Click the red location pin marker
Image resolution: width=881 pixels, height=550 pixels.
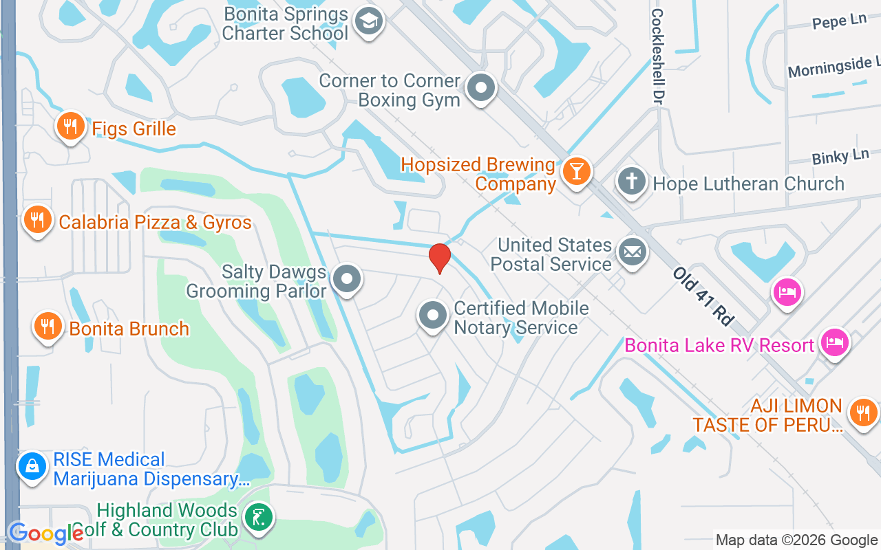click(439, 258)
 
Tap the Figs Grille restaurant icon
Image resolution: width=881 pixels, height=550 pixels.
click(70, 126)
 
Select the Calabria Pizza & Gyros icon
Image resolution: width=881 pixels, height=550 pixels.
click(37, 221)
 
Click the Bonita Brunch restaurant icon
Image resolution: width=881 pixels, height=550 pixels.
click(47, 327)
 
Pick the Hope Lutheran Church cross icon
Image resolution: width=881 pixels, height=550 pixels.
click(632, 182)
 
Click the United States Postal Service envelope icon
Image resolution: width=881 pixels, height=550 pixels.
click(632, 252)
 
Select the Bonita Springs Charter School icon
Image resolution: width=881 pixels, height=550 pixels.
click(368, 22)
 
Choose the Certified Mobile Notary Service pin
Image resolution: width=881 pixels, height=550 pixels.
click(433, 316)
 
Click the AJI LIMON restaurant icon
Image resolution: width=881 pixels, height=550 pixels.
click(863, 412)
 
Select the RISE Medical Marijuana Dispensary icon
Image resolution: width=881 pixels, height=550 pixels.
click(32, 467)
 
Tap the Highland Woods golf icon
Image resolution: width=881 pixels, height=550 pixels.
click(258, 517)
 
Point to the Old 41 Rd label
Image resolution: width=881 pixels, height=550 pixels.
click(703, 296)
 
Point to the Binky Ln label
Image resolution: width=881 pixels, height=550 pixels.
click(840, 157)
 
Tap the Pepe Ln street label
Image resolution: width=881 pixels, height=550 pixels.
click(839, 21)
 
